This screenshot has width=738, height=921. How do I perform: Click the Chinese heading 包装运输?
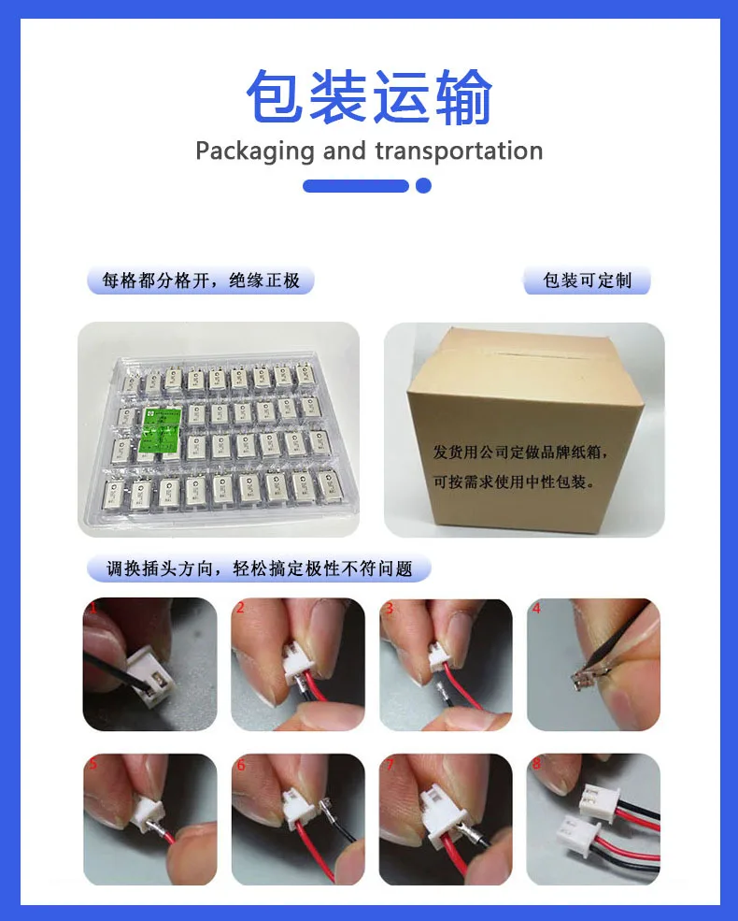369,97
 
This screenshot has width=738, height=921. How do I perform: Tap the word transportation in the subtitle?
458,151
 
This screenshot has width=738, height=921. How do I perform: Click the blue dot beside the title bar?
423,185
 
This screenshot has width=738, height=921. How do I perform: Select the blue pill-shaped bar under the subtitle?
356,185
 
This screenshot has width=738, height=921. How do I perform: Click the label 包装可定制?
587,281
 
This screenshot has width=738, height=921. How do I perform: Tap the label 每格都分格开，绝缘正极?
201,281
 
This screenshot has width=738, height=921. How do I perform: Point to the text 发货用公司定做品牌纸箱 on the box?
520,453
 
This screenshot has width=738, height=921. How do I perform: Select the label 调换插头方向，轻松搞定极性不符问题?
259,568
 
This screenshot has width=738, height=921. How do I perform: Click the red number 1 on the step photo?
92,608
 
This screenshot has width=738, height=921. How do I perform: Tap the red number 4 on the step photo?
536,608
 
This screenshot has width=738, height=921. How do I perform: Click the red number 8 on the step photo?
536,764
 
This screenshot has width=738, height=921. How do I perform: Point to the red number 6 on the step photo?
241,764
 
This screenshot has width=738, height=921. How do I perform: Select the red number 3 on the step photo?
389,608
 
